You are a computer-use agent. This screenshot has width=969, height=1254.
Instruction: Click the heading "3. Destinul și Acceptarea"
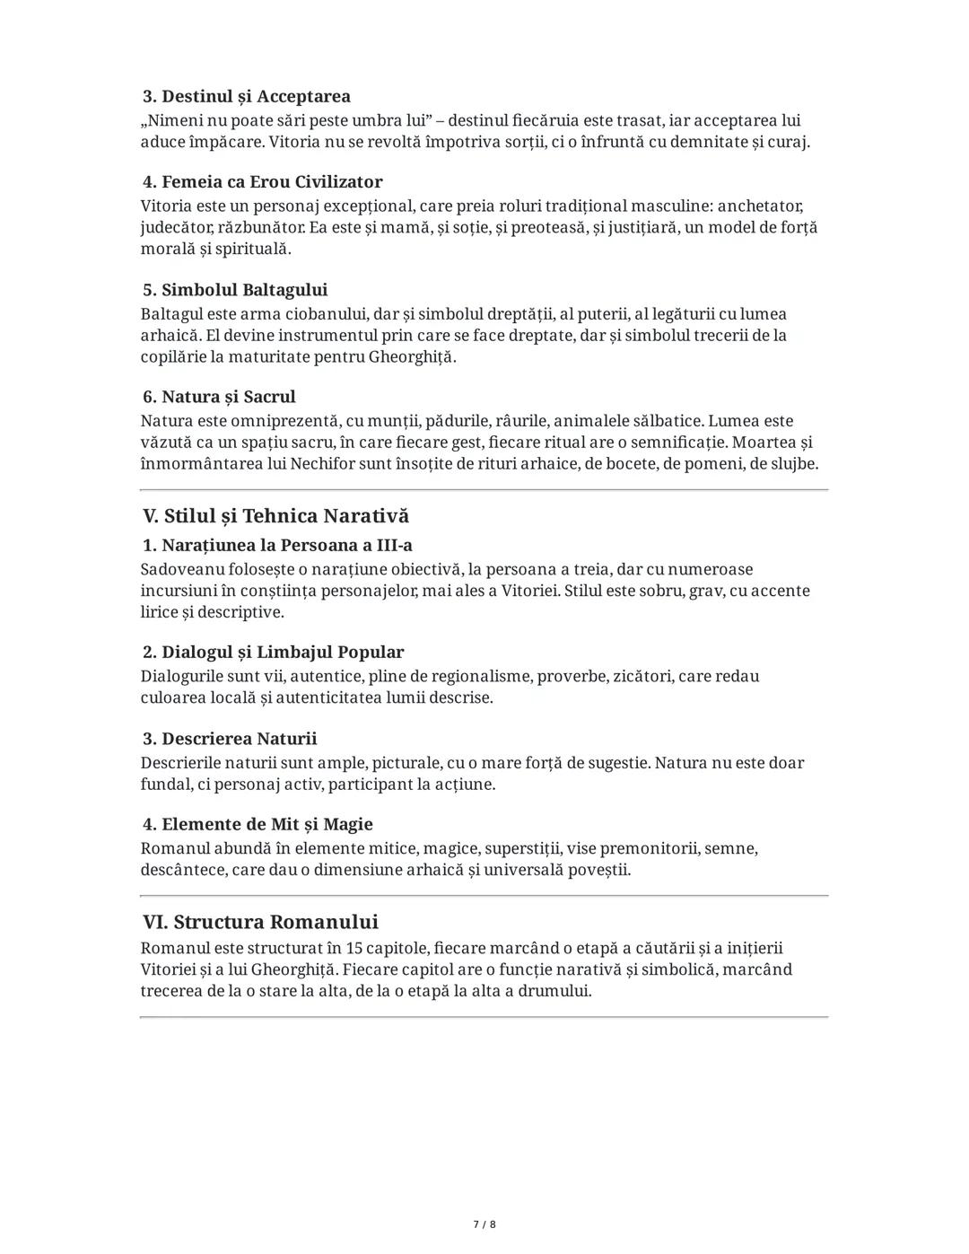point(247,96)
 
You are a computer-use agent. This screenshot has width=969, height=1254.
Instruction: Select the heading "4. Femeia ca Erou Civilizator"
point(263,182)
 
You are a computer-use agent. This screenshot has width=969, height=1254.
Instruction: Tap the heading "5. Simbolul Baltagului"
point(235,290)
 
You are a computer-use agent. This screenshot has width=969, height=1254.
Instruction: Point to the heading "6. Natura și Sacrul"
point(219,397)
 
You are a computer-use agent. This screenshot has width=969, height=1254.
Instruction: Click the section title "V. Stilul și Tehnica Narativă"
point(275,516)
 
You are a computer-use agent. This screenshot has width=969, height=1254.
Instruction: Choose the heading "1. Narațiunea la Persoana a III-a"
point(277,545)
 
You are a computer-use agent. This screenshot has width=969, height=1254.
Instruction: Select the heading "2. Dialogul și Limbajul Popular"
point(273,652)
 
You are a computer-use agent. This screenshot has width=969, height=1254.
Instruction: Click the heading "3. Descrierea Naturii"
point(230,739)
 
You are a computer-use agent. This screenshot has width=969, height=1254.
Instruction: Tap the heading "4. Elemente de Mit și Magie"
point(258,824)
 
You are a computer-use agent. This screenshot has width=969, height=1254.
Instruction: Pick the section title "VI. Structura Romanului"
point(260,922)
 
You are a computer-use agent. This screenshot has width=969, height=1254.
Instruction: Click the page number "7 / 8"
point(484,1224)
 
